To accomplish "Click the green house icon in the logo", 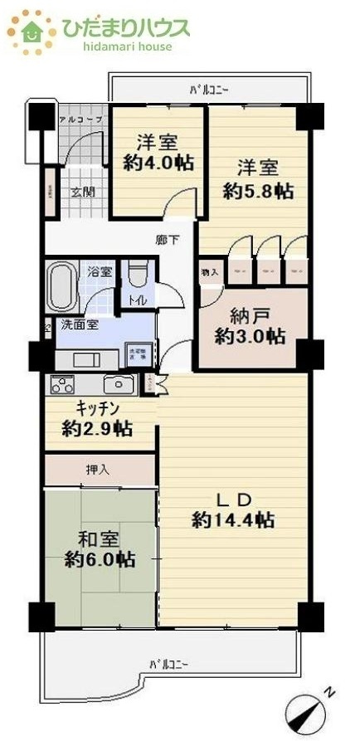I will point(32,31).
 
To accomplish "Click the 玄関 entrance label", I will point(80,192).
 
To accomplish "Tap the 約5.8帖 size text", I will point(257,191).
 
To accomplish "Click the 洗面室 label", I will point(78,324).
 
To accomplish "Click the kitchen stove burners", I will point(62,384).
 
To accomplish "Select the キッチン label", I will point(99,408).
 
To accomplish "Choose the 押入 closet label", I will point(97,470).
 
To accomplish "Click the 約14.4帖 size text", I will point(233,520).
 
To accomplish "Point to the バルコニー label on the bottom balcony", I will point(169,665).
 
